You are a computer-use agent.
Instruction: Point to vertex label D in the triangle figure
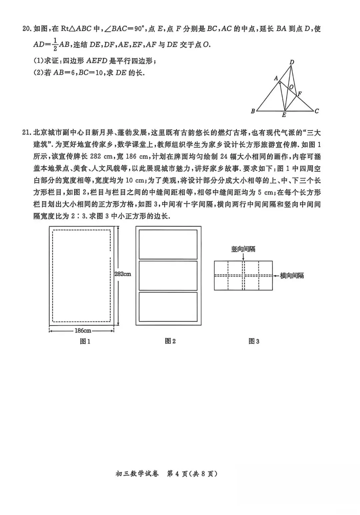(x=292, y=62)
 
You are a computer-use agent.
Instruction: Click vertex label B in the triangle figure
(x=253, y=111)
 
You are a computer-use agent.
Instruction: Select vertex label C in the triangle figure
(x=317, y=111)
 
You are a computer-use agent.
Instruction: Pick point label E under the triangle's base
(x=284, y=115)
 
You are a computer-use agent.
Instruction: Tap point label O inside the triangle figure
(x=291, y=87)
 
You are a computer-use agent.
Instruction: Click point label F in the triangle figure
(x=300, y=94)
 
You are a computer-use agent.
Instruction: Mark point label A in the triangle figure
(x=276, y=79)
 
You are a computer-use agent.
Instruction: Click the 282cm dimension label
(x=123, y=274)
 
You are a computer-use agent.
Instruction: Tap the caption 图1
(x=85, y=341)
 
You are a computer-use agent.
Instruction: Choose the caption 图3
(x=254, y=341)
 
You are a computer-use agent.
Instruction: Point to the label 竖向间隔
(x=243, y=249)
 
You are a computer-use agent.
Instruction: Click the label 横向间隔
(x=292, y=275)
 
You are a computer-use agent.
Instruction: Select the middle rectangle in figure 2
(x=168, y=275)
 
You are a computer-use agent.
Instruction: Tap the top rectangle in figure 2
(x=168, y=244)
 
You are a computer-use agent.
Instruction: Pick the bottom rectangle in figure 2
(x=168, y=306)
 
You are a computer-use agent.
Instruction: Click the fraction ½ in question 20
(x=55, y=45)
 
